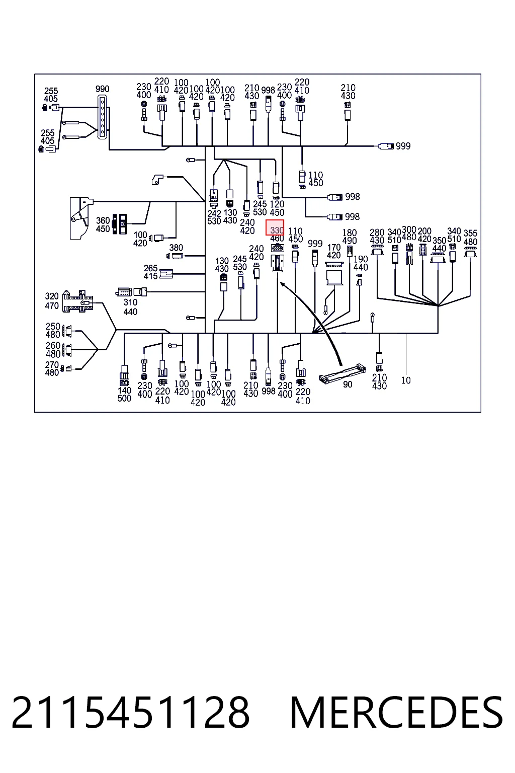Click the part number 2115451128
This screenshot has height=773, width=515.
pos(131,713)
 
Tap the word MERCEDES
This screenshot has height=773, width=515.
pos(396,713)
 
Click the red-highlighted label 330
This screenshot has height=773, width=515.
pos(277,230)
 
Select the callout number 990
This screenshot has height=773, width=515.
pos(103,89)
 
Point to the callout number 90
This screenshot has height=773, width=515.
pos(348,384)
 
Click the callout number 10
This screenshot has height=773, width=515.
pos(406,380)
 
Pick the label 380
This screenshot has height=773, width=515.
pos(176,248)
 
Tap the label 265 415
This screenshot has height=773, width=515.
pos(151,272)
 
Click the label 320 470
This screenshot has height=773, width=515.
pos(52,301)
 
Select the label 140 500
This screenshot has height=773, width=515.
pos(124,394)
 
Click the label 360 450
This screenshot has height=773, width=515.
pos(103,224)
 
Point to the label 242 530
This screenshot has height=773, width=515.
pos(214,217)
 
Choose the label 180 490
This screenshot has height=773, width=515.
pos(350,237)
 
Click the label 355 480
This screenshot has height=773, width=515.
pos(471,238)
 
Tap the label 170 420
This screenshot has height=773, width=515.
pos(334,251)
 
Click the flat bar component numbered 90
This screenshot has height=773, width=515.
pos(342,373)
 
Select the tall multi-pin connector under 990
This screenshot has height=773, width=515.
pos(102,117)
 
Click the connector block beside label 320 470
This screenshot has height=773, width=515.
pos(77,301)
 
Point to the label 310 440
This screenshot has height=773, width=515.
pos(130,307)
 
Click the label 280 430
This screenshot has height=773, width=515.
pos(377,237)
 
